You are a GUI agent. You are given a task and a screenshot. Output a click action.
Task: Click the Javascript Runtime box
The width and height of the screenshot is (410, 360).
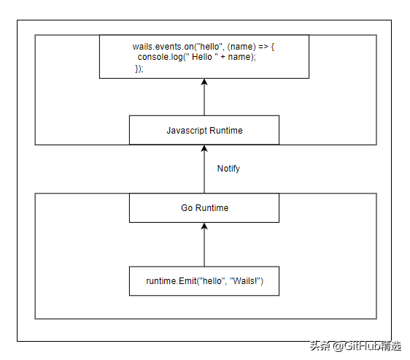204,130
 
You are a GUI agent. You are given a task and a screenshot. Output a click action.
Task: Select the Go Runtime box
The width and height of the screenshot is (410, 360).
204,208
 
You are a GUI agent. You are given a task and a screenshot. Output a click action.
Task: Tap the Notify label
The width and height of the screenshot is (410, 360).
228,169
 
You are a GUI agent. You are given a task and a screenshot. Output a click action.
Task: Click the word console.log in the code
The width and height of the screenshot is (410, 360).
160,57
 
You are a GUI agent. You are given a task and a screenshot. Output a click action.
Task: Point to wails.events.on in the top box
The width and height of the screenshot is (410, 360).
163,47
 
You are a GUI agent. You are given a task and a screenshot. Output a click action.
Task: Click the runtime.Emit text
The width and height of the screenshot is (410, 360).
171,281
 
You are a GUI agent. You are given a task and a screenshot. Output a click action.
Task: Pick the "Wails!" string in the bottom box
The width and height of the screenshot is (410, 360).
245,281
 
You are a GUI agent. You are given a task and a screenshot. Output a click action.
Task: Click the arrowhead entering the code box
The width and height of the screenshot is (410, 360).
204,82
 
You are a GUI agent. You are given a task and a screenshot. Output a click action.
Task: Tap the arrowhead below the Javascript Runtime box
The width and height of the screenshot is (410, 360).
204,148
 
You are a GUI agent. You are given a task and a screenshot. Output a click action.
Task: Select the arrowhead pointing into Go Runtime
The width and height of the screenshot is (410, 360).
204,226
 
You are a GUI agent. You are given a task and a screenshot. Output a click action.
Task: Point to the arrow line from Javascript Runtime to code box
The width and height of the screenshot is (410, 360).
204,97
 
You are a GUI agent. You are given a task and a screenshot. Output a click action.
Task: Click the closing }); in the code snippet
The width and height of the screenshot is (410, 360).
139,69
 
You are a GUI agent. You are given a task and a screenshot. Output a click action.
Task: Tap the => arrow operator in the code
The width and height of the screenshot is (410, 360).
263,47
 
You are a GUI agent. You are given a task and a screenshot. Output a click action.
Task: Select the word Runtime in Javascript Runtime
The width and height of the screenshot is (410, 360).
226,131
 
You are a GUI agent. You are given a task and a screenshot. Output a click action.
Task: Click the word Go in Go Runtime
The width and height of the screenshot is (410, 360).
187,208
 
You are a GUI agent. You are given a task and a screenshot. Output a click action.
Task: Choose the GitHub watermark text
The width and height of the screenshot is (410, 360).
356,346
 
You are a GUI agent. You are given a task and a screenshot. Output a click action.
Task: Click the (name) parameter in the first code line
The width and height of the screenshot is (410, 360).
241,47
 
